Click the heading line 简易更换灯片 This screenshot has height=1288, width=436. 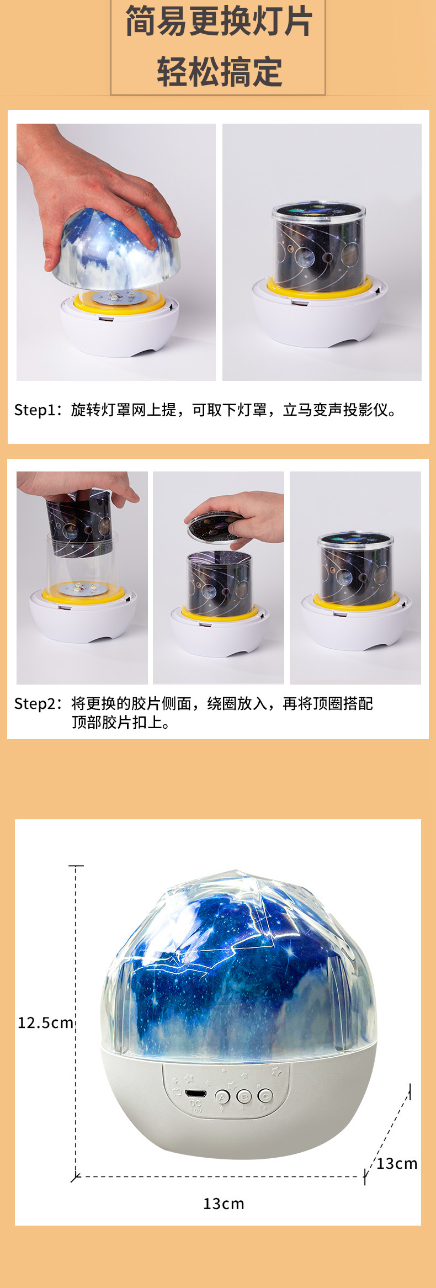point(219,22)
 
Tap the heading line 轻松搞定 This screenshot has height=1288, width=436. point(219,72)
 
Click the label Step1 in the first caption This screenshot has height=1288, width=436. point(35,410)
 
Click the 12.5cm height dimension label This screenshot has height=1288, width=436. point(45,1022)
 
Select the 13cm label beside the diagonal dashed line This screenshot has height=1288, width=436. point(397,1164)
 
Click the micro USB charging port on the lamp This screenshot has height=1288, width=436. point(195,1093)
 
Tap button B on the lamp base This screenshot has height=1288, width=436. point(244,1096)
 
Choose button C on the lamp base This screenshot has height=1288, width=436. point(265,1096)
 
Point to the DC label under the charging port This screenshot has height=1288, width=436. point(195,1104)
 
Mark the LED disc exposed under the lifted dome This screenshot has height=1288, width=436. point(114,297)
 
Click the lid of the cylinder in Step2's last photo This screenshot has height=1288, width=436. point(355,538)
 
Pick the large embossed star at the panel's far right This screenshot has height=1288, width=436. point(276,1072)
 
